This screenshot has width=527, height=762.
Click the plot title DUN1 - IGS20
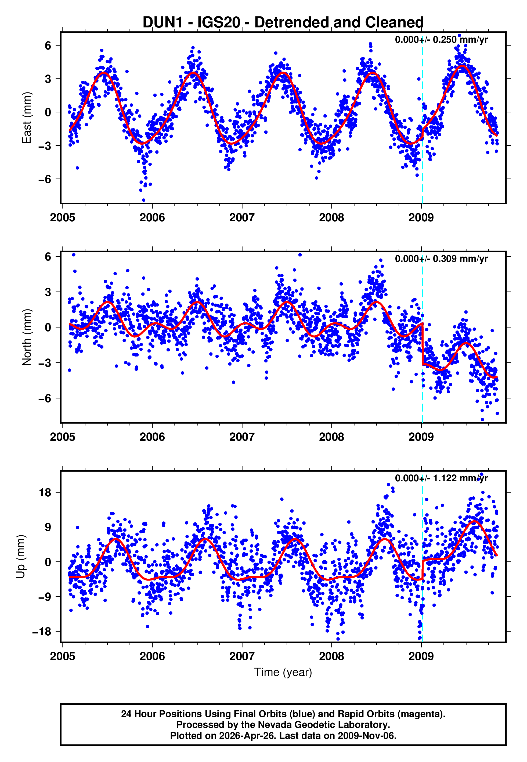(x=283, y=22)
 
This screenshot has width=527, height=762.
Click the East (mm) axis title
(x=26, y=118)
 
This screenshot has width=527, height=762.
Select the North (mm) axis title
(x=26, y=337)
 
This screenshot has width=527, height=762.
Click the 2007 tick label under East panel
(x=242, y=218)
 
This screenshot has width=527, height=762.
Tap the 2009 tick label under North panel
(x=421, y=437)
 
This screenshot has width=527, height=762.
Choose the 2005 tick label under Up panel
(x=62, y=656)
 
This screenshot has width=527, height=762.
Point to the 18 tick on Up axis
(x=45, y=492)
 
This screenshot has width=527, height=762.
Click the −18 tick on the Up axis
(x=42, y=632)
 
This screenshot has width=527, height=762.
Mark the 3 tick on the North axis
(x=48, y=292)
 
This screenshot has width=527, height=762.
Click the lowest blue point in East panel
(x=143, y=200)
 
